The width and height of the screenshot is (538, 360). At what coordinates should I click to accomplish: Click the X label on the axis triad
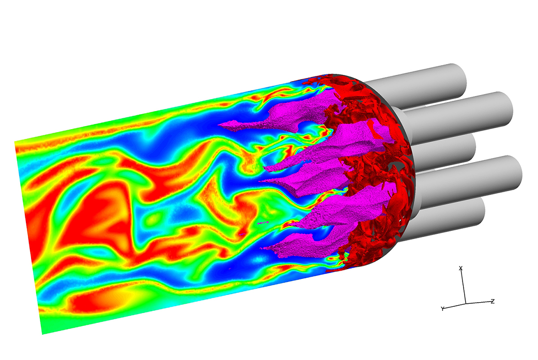(x=461, y=268)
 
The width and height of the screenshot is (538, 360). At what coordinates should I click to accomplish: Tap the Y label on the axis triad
(x=442, y=308)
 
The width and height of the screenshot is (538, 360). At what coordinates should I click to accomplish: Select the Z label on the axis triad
(x=493, y=301)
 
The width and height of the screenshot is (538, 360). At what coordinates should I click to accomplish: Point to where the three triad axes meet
(x=466, y=303)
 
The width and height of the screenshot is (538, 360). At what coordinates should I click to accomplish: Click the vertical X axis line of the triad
(x=463, y=287)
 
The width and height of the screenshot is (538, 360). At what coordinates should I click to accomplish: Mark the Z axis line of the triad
(x=478, y=302)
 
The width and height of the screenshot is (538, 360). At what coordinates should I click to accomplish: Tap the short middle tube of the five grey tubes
(x=442, y=149)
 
